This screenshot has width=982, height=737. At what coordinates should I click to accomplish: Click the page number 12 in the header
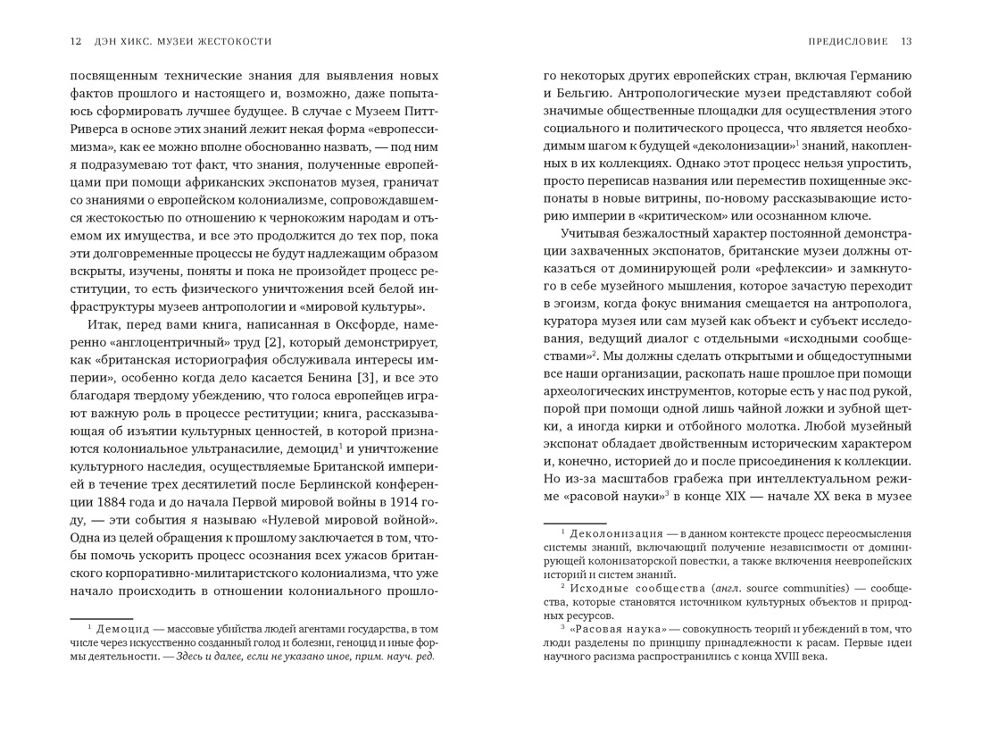click(76, 41)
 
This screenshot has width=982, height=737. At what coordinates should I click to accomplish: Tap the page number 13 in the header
click(906, 41)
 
